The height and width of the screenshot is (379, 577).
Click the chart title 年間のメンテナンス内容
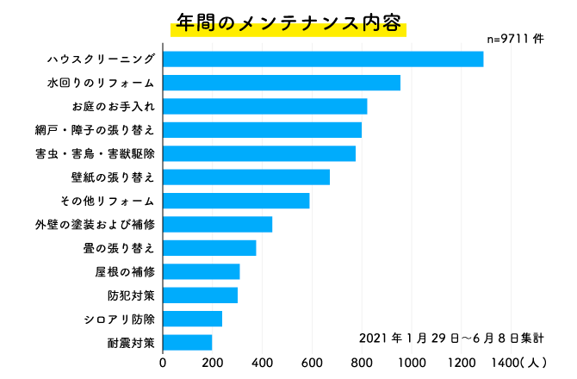[288, 22]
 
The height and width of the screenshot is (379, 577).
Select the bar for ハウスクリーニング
[323, 59]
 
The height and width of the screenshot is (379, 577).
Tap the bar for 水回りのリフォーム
[282, 83]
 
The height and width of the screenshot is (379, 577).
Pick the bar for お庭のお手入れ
[265, 106]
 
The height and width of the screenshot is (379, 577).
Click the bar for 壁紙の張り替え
[246, 177]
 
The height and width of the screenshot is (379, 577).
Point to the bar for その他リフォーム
[236, 201]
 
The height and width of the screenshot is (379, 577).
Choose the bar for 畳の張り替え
[209, 248]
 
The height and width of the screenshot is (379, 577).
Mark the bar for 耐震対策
[188, 342]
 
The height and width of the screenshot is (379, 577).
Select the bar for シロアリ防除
[193, 319]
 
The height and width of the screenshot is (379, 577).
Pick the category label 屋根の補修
[125, 272]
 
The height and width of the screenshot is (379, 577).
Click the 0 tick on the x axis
[163, 362]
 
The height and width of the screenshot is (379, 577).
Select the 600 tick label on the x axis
[312, 362]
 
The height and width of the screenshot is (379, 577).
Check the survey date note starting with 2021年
[450, 336]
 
